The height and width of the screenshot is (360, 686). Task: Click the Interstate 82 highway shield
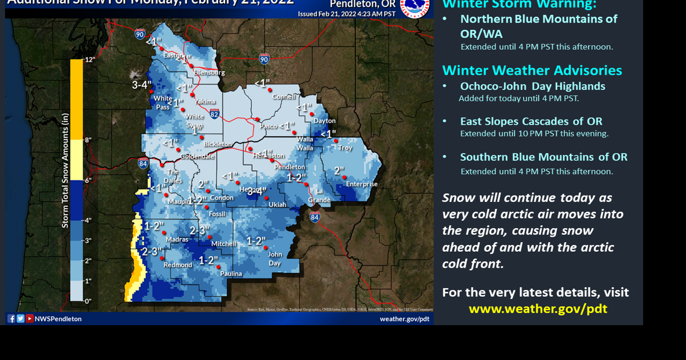tap(214, 114)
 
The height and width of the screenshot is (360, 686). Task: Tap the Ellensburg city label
tap(209, 72)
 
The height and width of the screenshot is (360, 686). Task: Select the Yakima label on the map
tap(205, 101)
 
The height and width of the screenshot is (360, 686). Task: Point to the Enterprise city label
tap(362, 184)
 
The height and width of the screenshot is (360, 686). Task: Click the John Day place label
tap(274, 259)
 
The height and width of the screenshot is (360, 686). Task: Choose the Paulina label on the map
tap(230, 274)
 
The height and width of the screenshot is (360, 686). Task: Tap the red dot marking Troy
tap(336, 141)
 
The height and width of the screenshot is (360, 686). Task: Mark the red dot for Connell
tap(270, 90)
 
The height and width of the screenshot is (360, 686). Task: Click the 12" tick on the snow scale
tap(90, 59)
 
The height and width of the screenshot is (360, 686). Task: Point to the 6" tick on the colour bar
tap(88, 181)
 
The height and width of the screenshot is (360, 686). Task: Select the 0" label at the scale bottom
tap(88, 301)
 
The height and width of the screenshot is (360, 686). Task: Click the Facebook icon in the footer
tap(11, 319)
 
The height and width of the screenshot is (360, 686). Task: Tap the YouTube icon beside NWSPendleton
tap(29, 319)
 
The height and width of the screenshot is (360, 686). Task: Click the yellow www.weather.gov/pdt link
tap(538, 309)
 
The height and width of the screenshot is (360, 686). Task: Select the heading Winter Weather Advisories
tap(532, 71)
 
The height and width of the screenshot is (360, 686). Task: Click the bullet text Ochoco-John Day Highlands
tap(532, 86)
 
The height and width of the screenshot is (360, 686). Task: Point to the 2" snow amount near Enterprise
tap(339, 171)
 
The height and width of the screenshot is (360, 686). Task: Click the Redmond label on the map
tap(178, 265)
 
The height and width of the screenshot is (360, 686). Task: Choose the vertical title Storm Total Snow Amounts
tap(65, 170)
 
